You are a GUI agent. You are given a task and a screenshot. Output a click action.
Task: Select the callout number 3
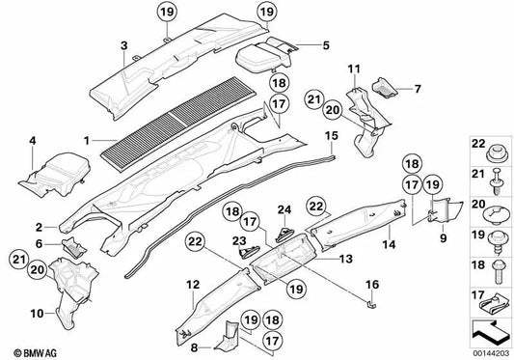124,45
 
